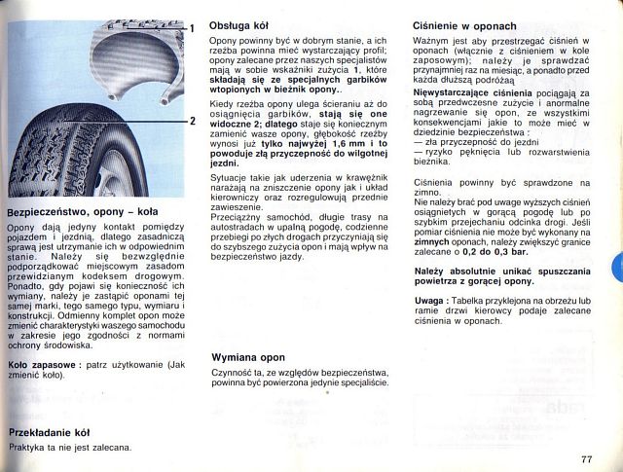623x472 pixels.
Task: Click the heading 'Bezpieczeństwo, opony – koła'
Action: pyautogui.click(x=82, y=210)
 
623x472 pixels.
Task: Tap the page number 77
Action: pyautogui.click(x=585, y=458)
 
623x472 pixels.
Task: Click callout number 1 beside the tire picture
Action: pyautogui.click(x=193, y=27)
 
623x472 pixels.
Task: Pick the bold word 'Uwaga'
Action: pyautogui.click(x=429, y=302)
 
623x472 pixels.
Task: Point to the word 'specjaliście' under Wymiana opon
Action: pyautogui.click(x=361, y=382)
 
